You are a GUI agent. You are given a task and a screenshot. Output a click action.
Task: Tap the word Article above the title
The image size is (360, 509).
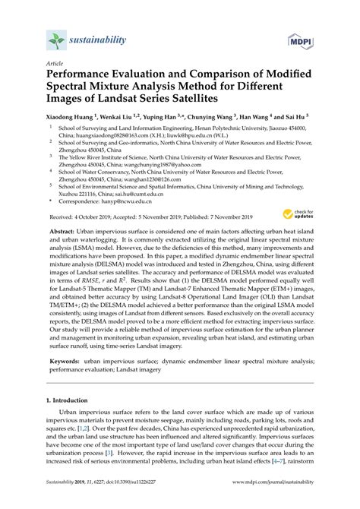(x=55, y=65)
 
